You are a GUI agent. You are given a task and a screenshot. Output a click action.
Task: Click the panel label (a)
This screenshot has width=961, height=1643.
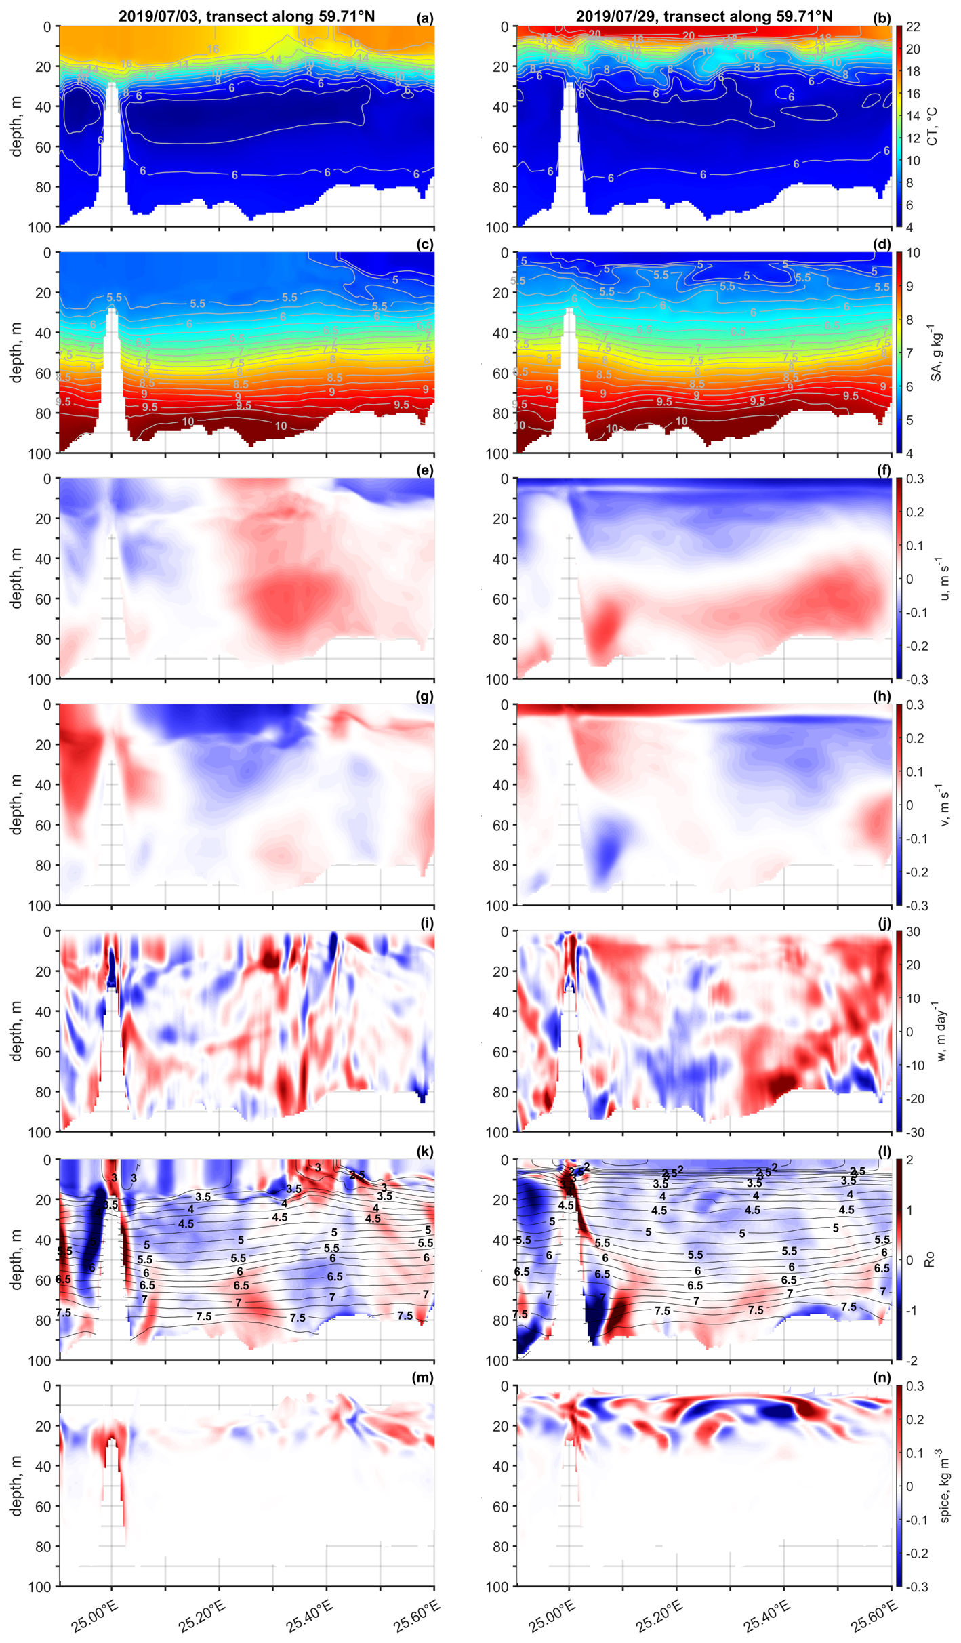[x=425, y=18]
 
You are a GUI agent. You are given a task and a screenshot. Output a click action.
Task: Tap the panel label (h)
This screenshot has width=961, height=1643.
[x=882, y=697]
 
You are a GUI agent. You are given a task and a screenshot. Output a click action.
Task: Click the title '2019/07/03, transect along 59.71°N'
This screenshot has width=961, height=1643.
[x=247, y=16]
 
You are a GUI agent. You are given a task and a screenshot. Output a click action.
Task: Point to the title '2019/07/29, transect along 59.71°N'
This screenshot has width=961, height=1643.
[x=704, y=16]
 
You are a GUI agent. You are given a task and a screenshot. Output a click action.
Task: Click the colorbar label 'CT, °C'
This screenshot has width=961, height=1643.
[x=933, y=126]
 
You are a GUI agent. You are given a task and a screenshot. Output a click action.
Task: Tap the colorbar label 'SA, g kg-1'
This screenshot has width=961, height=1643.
[x=935, y=352]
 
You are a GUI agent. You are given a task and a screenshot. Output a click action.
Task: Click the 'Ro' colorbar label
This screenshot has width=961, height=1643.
[x=930, y=1259]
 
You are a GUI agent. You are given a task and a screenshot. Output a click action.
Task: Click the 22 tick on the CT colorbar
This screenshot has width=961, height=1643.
[x=913, y=27]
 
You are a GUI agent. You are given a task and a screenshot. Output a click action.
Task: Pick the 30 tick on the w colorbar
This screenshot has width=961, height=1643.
[x=913, y=931]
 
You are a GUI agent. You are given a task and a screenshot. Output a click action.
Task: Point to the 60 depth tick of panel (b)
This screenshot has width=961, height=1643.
[x=500, y=147]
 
